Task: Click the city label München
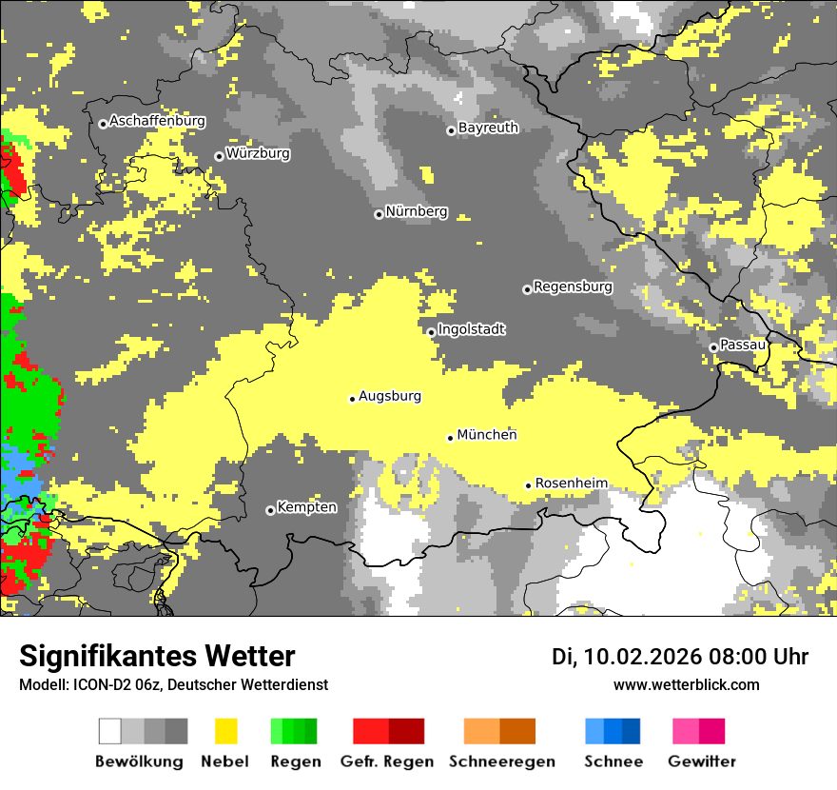(x=487, y=435)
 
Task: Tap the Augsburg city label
(x=390, y=396)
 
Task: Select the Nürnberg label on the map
(x=417, y=211)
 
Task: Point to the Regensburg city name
(x=573, y=286)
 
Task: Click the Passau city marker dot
(x=713, y=347)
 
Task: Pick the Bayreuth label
(x=488, y=128)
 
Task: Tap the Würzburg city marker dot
(x=219, y=156)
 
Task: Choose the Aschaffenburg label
(x=157, y=121)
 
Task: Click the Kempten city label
(x=306, y=507)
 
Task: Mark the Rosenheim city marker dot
(x=528, y=485)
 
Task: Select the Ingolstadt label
(x=472, y=329)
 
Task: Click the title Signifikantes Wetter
(x=157, y=656)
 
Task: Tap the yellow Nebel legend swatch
(x=225, y=731)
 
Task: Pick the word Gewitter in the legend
(x=702, y=761)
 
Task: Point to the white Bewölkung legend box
(x=110, y=731)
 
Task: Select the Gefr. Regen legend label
(x=387, y=761)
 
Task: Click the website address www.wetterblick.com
(x=687, y=684)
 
